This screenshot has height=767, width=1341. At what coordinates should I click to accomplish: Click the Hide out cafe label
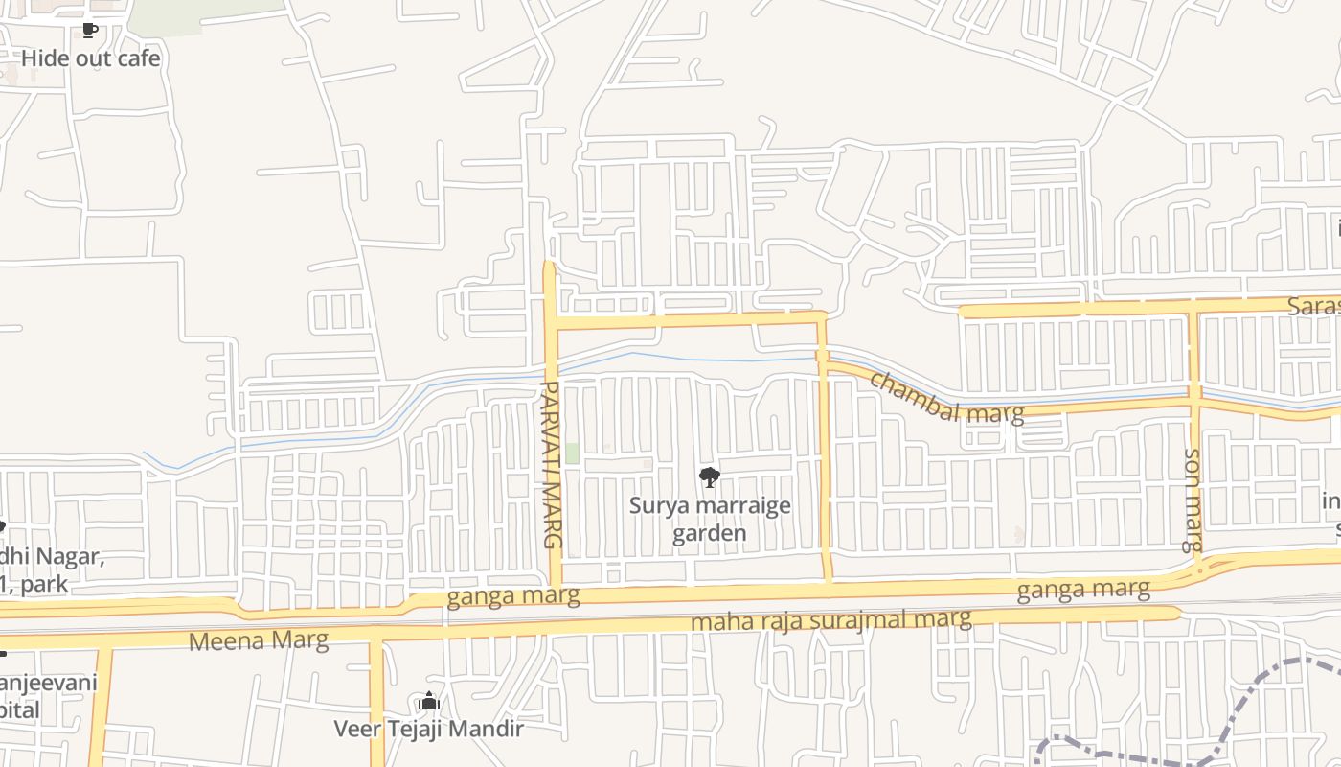[90, 58]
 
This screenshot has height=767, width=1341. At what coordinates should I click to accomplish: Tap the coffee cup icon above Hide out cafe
[89, 31]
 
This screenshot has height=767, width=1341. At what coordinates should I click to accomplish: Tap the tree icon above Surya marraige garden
[709, 476]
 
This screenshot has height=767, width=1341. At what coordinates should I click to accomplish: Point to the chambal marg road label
[945, 397]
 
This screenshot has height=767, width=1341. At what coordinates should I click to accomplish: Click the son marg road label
[1193, 500]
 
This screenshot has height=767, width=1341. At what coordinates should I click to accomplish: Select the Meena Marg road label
[259, 640]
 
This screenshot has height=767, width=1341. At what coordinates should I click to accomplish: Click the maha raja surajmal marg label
[830, 620]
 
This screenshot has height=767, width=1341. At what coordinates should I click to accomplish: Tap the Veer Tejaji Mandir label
[428, 729]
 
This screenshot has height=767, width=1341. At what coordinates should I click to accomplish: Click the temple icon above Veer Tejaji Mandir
[428, 702]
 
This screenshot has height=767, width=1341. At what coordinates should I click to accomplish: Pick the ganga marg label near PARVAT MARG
[513, 596]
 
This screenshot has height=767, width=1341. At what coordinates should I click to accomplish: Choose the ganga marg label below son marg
[1083, 589]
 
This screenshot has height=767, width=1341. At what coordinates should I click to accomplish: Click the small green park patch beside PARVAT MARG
[572, 453]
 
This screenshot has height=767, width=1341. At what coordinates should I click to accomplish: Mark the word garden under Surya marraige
[709, 533]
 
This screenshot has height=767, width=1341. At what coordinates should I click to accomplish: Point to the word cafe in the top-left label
[140, 58]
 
